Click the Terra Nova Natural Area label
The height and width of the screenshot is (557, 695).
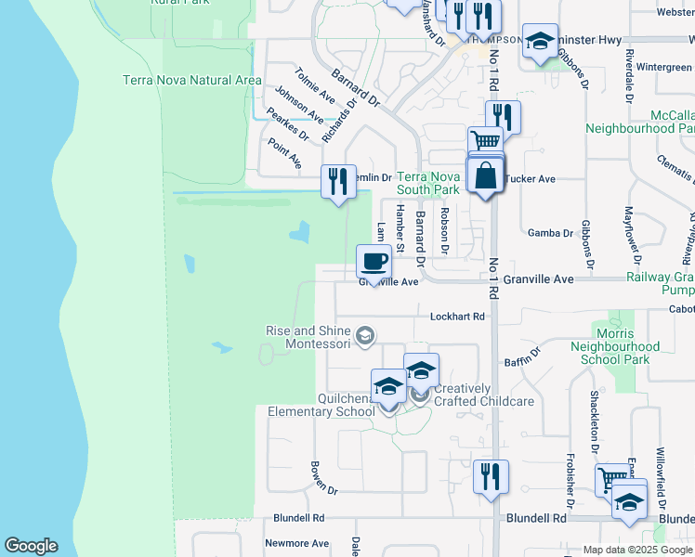[192, 81]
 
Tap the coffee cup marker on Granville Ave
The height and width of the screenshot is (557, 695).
[374, 262]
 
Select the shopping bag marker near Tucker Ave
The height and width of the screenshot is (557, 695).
[485, 175]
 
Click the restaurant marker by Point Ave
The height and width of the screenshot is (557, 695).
[338, 180]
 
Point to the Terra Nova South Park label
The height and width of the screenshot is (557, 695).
[428, 183]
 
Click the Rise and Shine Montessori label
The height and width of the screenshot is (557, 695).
[308, 337]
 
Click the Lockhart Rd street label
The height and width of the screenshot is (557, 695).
[458, 317]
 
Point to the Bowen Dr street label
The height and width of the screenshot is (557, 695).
[325, 477]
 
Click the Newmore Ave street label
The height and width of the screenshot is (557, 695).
[297, 543]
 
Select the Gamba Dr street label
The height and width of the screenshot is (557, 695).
[550, 233]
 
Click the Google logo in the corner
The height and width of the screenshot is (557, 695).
[31, 546]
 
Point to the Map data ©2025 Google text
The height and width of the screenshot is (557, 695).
[637, 550]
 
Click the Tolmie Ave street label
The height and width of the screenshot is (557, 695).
[314, 84]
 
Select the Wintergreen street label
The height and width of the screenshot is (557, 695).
[651, 68]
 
